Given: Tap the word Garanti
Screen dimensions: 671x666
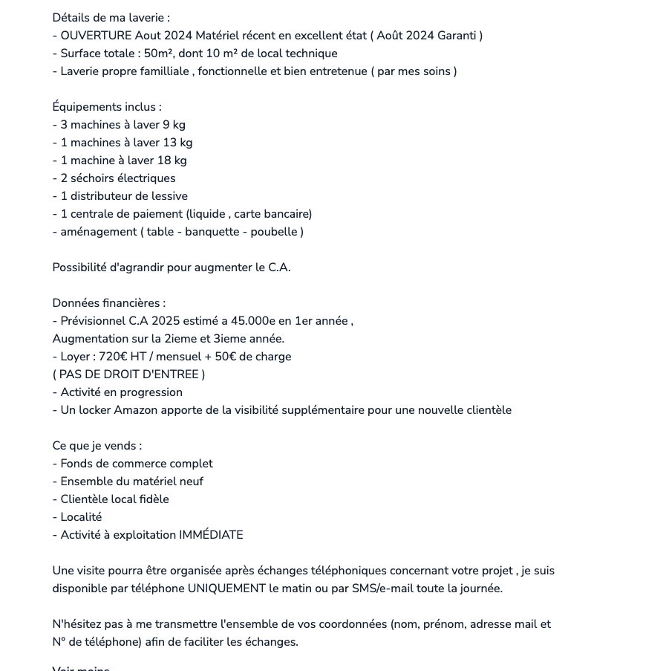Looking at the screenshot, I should (x=456, y=36).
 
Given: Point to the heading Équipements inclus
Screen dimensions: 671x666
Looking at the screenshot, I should (x=106, y=107).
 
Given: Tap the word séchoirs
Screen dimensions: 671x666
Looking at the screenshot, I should (x=92, y=178).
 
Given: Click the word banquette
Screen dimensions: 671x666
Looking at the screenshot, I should (x=213, y=232).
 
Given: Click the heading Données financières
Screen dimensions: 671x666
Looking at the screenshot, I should (x=108, y=303).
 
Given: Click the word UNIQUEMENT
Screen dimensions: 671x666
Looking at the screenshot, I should (x=226, y=589).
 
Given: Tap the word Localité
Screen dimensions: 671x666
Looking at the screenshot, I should (x=81, y=517).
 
